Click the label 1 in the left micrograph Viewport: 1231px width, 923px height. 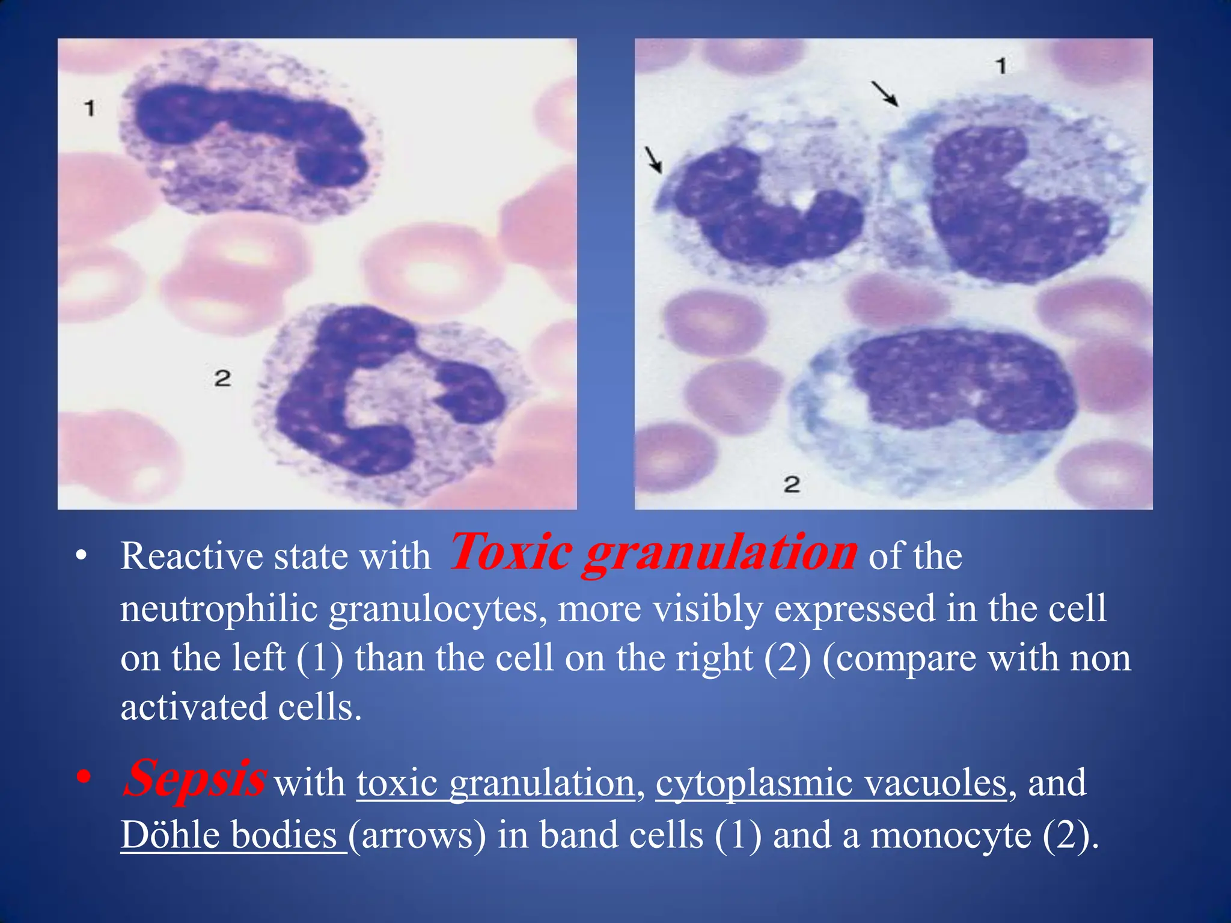tap(90, 109)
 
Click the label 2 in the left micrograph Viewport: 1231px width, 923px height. tap(222, 379)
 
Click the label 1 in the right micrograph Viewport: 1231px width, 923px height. tap(1001, 65)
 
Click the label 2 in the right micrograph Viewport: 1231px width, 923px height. tap(792, 484)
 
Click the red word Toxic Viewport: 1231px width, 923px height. tap(511, 552)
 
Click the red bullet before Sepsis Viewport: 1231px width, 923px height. tap(84, 778)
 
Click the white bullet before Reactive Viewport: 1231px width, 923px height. tap(81, 556)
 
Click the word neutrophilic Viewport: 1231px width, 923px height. tap(219, 609)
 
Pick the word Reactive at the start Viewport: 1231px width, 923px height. tap(192, 556)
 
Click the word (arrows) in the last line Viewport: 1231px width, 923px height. tap(418, 835)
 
